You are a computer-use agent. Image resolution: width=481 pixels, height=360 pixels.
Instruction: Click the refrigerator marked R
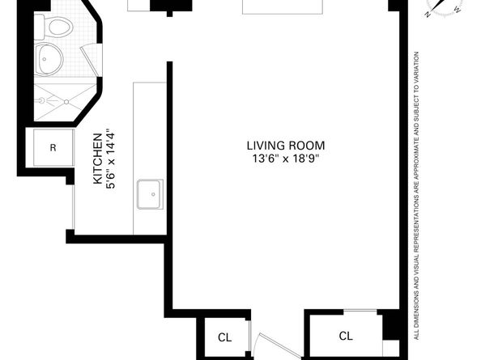[53, 148]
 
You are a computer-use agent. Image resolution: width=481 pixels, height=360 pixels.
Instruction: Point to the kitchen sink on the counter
[151, 195]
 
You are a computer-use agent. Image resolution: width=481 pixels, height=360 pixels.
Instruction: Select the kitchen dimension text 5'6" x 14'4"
[111, 159]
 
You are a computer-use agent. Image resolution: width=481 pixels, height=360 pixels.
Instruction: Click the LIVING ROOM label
[280, 146]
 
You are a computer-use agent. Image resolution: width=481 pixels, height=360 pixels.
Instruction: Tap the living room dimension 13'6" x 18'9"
[280, 159]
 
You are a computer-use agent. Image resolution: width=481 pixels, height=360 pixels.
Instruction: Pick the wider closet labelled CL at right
[346, 336]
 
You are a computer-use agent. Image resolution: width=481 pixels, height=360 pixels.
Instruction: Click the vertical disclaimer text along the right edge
[416, 194]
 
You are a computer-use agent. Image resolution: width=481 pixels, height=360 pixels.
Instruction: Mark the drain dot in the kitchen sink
[151, 195]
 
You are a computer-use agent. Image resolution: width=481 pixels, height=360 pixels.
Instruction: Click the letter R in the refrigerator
[53, 148]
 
